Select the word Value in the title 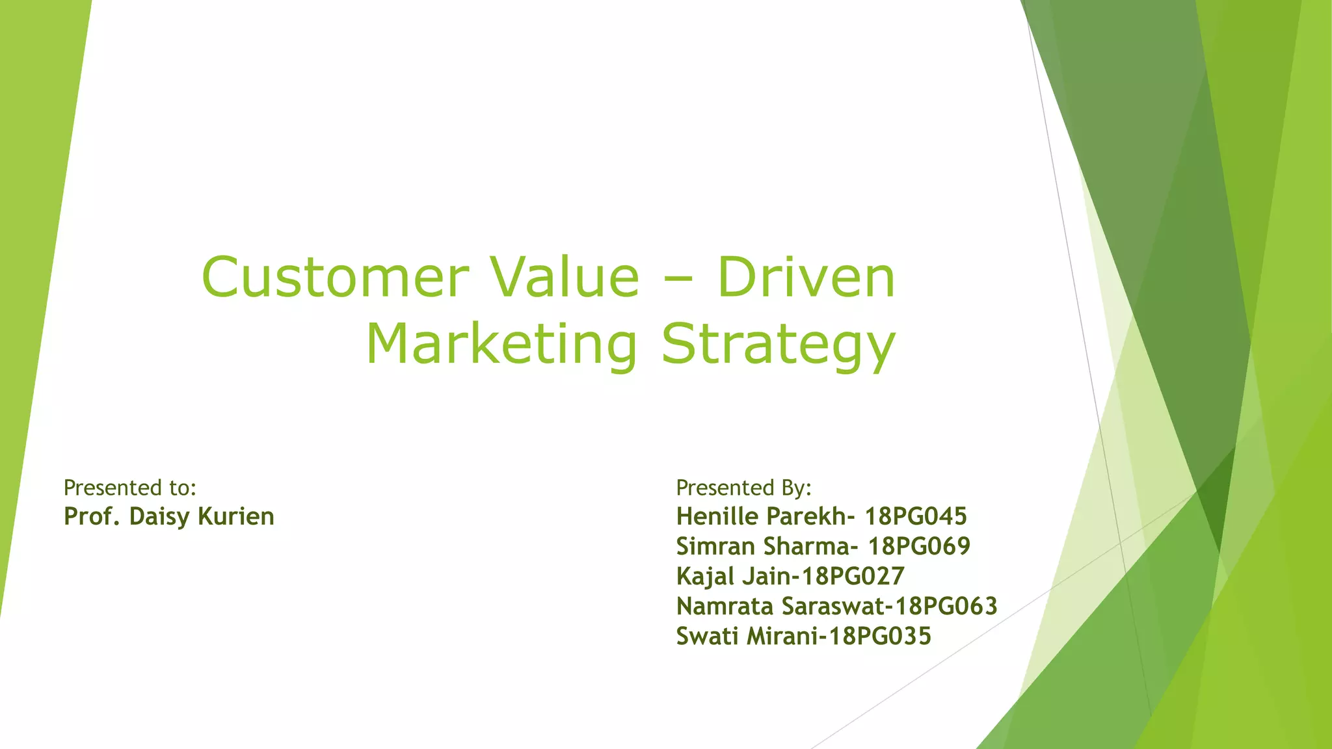click(x=565, y=278)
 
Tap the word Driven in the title click(x=806, y=278)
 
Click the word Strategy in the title click(x=779, y=347)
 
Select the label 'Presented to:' click(x=130, y=488)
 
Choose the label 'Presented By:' click(x=744, y=488)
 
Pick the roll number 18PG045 click(x=916, y=517)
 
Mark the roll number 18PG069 click(x=919, y=547)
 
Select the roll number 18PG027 click(x=853, y=577)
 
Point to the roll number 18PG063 click(x=946, y=607)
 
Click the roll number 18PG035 click(x=880, y=637)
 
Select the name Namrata click(x=725, y=607)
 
